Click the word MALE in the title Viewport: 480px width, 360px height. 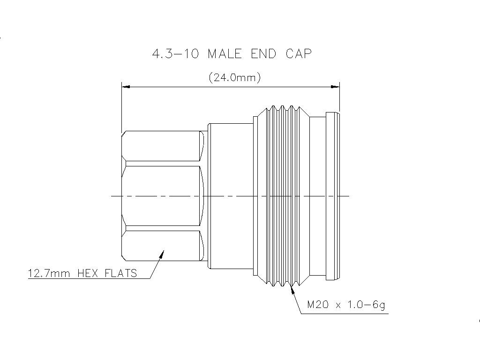[x=225, y=54]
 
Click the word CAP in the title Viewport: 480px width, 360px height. [x=299, y=54]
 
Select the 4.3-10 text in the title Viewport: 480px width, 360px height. [x=175, y=54]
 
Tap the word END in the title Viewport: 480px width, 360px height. [x=263, y=54]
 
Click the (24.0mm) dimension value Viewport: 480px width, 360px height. [x=234, y=77]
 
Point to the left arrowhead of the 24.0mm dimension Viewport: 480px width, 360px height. [x=126, y=87]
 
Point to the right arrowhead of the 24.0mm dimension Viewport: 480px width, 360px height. [x=336, y=87]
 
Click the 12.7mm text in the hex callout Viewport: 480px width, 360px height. [x=49, y=273]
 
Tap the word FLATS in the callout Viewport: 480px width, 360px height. [x=120, y=273]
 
